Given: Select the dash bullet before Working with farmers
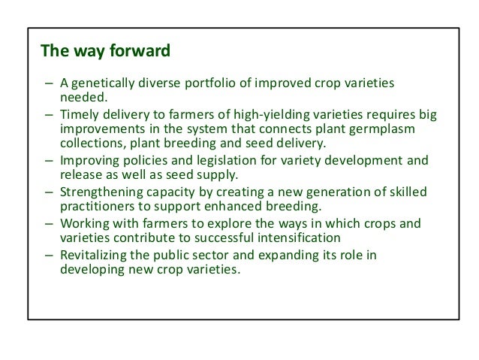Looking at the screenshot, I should [x=48, y=223].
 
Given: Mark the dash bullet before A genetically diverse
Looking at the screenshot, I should [x=48, y=82].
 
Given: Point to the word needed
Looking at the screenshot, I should [x=80, y=97].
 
